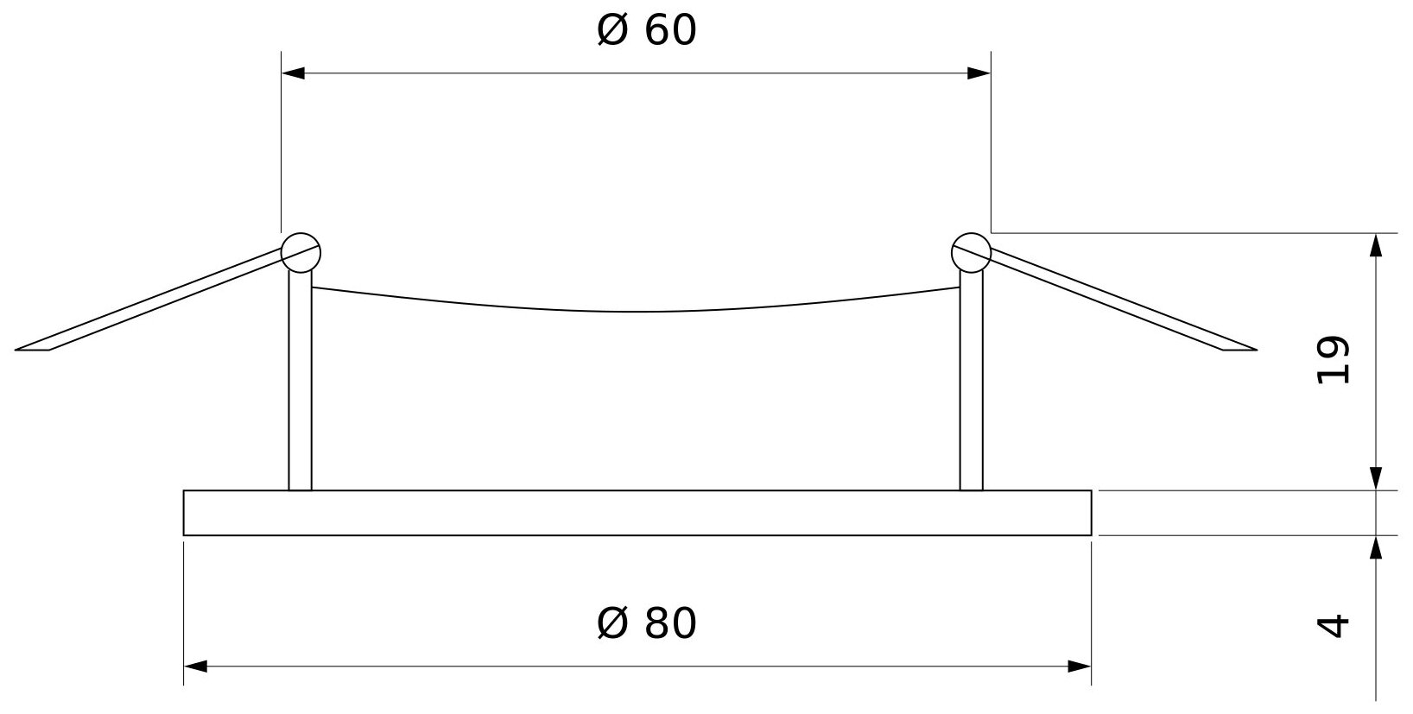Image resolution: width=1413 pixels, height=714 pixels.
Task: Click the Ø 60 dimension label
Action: [x=646, y=32]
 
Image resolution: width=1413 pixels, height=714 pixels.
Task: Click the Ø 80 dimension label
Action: [x=646, y=623]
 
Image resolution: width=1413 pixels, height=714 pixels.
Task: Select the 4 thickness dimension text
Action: [x=1334, y=624]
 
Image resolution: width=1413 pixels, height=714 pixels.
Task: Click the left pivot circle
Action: [x=301, y=252]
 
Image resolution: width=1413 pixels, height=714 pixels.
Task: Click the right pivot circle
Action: [x=971, y=252]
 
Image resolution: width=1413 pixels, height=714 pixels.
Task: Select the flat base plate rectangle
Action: [x=637, y=513]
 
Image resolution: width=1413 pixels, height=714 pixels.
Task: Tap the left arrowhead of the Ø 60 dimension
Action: [x=293, y=73]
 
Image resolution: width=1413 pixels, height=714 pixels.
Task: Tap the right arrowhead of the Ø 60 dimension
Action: [x=979, y=73]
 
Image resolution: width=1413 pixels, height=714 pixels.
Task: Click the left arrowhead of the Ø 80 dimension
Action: [x=195, y=666]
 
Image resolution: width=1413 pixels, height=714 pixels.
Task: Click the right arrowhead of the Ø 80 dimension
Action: [x=1080, y=666]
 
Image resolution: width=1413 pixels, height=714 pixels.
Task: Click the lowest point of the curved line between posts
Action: [x=637, y=312]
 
